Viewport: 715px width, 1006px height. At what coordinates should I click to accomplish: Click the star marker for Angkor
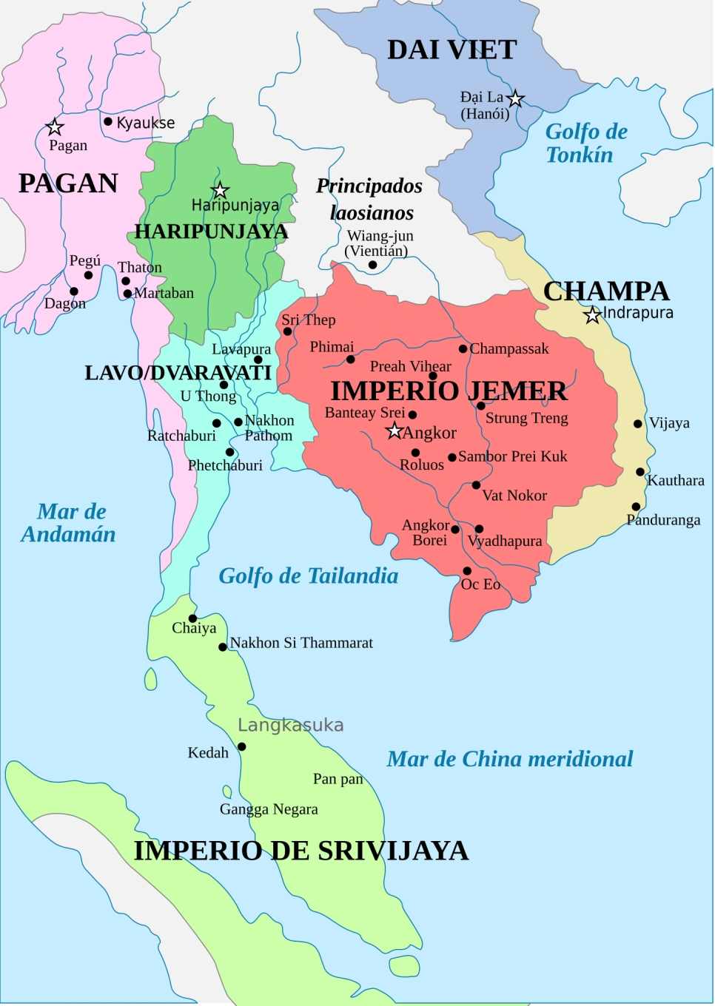click(395, 431)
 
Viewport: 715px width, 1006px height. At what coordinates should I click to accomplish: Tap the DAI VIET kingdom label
click(452, 50)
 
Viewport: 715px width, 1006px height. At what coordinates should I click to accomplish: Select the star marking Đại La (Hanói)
click(516, 98)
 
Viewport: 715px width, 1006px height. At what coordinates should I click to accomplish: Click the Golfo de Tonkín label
click(585, 143)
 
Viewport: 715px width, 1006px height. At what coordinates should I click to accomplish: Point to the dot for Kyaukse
click(108, 121)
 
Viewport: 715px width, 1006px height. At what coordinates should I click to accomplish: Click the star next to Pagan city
click(55, 127)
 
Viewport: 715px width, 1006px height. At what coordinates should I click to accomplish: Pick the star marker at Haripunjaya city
click(220, 190)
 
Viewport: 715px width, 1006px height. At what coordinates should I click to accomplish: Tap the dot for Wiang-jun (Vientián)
click(373, 265)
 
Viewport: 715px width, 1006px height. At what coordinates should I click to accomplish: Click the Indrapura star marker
click(592, 316)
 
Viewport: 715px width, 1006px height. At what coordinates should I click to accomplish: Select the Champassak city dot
click(463, 348)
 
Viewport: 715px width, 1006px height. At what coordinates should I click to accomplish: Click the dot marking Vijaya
click(638, 424)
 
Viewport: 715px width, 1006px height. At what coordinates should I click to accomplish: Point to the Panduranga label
click(663, 520)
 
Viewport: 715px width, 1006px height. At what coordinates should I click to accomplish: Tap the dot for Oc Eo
click(467, 571)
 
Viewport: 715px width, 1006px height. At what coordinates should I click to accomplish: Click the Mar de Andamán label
click(69, 522)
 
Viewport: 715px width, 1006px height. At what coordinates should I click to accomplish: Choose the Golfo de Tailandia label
click(308, 575)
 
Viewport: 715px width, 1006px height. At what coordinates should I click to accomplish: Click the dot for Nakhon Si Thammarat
click(222, 647)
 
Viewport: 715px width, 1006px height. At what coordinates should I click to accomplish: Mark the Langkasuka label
click(290, 725)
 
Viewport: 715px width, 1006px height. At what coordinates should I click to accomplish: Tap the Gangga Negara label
click(269, 809)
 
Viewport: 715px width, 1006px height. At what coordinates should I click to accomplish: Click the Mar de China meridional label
click(509, 759)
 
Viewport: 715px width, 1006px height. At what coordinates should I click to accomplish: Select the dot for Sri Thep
click(288, 331)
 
